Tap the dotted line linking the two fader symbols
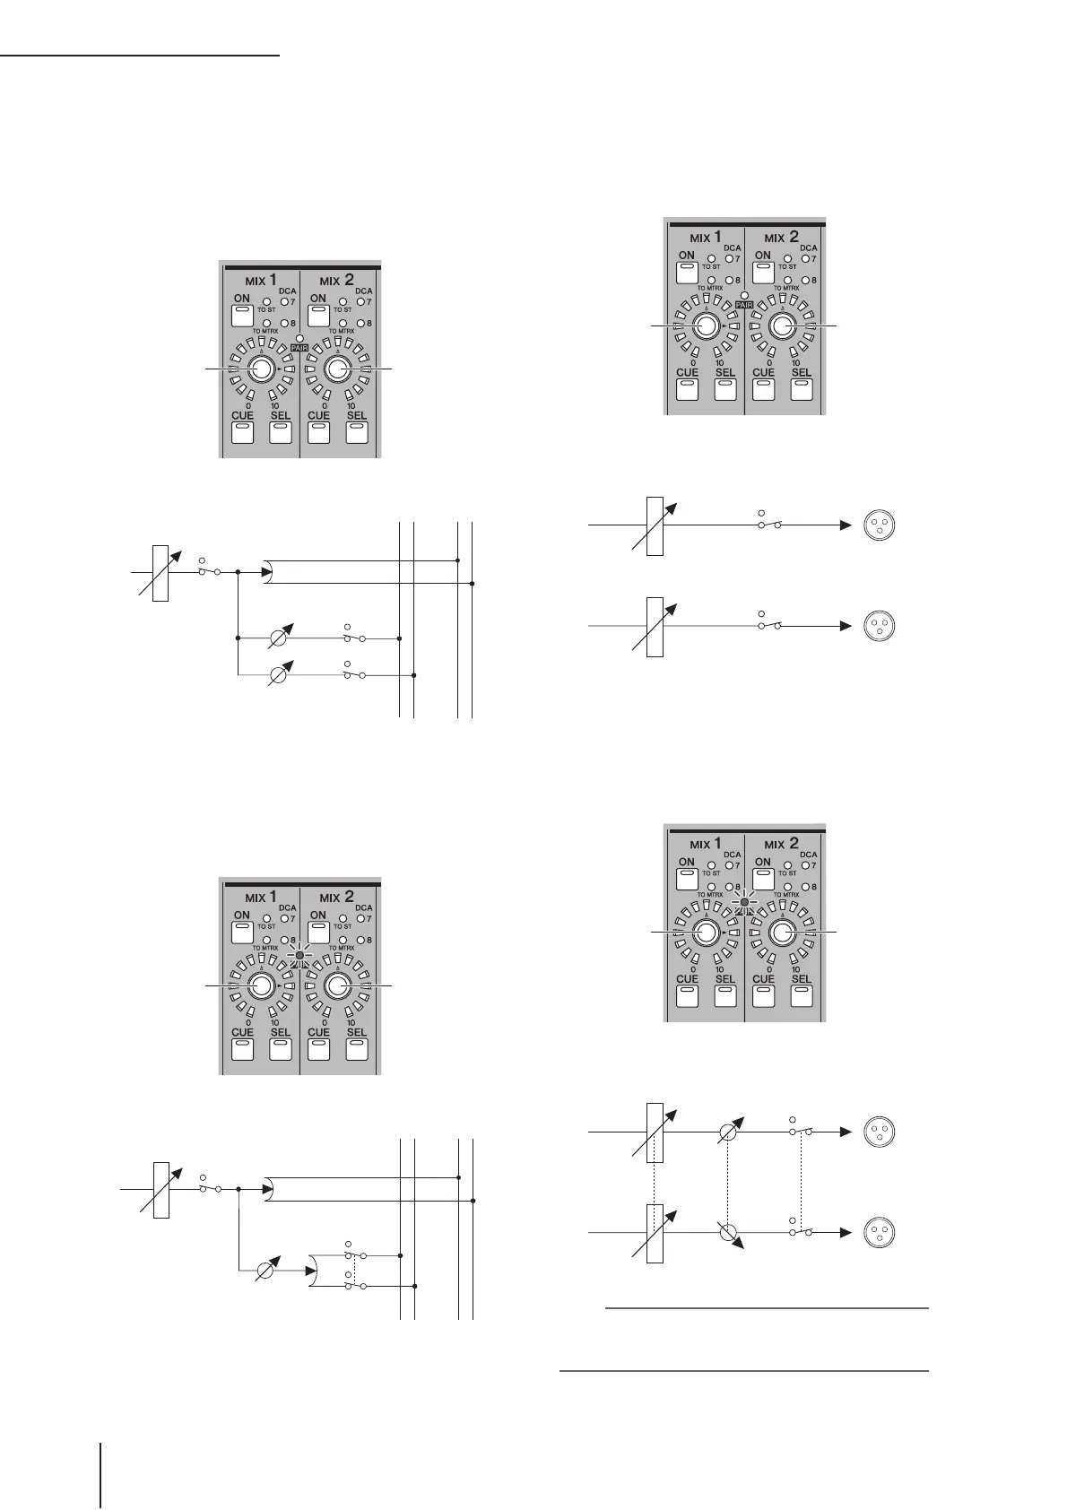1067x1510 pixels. [x=655, y=1183]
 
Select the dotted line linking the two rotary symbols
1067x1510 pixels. [x=729, y=1183]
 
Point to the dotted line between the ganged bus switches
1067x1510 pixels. [x=355, y=1271]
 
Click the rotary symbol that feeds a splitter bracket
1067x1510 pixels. [x=266, y=1271]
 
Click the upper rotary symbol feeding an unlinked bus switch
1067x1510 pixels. [x=287, y=638]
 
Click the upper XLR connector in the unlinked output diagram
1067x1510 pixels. [x=879, y=525]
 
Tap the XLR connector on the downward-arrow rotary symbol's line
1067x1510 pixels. [x=879, y=1233]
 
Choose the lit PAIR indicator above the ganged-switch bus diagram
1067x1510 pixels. [x=299, y=955]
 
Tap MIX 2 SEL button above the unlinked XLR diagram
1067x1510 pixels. [x=801, y=388]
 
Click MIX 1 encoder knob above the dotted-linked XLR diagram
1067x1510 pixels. [x=705, y=933]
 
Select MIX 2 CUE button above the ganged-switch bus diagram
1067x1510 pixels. [x=319, y=1049]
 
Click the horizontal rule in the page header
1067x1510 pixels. [x=141, y=56]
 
